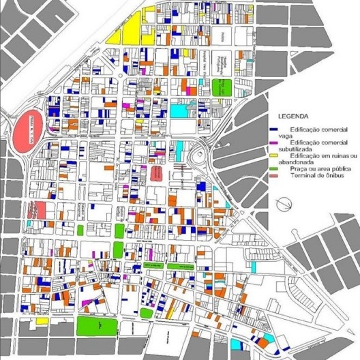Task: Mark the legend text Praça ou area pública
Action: (313, 168)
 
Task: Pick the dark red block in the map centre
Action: (157, 173)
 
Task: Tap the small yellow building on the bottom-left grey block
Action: (41, 321)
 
